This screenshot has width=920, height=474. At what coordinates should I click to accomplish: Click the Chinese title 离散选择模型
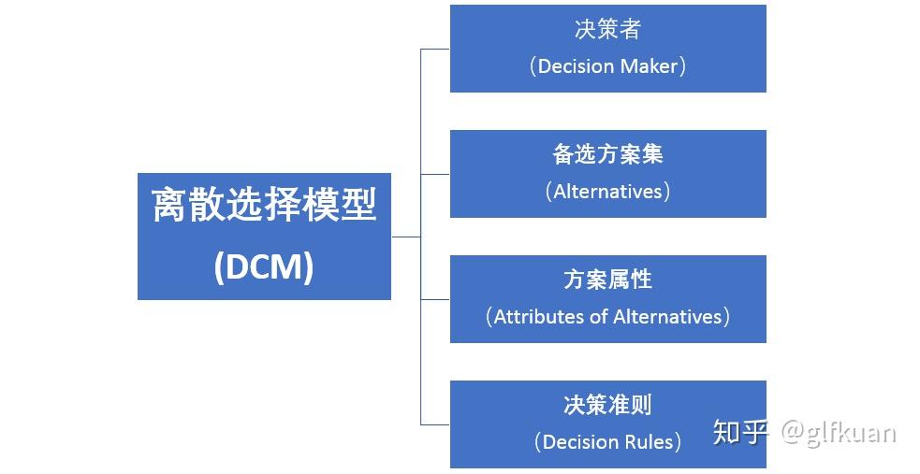(x=264, y=206)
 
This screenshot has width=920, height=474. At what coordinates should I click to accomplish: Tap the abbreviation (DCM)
(x=264, y=267)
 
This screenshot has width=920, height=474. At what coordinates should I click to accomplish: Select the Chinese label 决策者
(x=607, y=29)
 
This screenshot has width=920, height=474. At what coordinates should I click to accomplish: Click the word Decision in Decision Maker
(x=577, y=66)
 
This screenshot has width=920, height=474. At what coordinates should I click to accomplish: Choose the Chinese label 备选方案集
(x=607, y=154)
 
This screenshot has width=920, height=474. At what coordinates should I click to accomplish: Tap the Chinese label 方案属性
(x=607, y=280)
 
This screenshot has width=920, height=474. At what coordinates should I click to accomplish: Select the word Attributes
(x=539, y=317)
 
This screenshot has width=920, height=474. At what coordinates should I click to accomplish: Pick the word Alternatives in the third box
(x=668, y=317)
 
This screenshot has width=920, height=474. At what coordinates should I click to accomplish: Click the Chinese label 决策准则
(x=607, y=405)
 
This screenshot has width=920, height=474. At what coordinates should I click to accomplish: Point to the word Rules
(x=650, y=442)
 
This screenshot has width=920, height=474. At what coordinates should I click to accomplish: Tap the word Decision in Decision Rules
(x=581, y=442)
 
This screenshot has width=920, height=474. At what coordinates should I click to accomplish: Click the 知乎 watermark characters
(x=740, y=432)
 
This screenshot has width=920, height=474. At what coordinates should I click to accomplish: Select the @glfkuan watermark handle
(x=839, y=432)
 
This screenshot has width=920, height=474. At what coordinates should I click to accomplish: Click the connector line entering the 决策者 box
(x=435, y=49)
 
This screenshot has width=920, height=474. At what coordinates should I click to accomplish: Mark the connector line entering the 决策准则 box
(x=435, y=424)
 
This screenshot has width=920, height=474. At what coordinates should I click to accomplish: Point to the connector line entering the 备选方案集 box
(x=435, y=174)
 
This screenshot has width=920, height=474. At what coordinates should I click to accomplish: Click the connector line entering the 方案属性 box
(x=435, y=299)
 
